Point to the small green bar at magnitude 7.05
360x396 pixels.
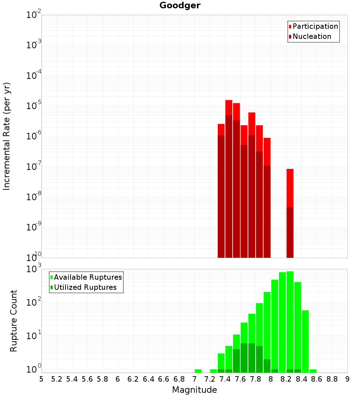click(x=198, y=371)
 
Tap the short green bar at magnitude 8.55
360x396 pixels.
click(x=313, y=371)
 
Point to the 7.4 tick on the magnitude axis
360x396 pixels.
click(x=225, y=379)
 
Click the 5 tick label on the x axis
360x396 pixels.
click(x=41, y=379)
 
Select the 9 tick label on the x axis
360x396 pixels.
click(x=347, y=379)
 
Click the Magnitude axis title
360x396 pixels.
click(x=194, y=390)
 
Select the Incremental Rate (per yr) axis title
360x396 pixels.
click(x=7, y=136)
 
